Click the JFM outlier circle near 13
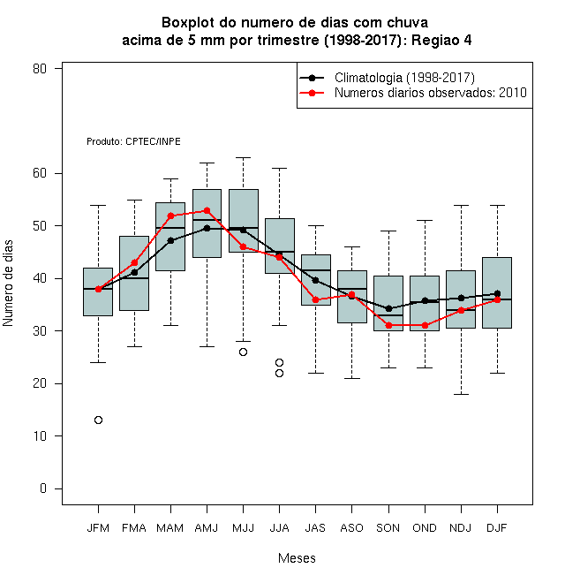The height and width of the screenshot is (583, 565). [98, 420]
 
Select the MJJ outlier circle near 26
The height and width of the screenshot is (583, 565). [243, 352]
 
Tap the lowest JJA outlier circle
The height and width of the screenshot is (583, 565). [280, 374]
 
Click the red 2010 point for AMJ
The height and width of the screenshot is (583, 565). [207, 211]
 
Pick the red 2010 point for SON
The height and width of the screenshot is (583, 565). [388, 325]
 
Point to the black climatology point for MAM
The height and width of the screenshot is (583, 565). [171, 240]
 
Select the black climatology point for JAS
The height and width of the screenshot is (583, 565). [315, 280]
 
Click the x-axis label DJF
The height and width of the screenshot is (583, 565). [497, 528]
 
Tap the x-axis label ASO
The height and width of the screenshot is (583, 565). [351, 528]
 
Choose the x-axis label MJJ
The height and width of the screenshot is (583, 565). [243, 528]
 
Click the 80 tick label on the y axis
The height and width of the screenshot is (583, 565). [40, 69]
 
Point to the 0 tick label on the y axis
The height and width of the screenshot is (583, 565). [43, 488]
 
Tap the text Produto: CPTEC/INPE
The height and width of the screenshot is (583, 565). [134, 141]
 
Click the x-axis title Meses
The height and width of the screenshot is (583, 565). [297, 558]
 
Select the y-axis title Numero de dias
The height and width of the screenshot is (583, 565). [8, 284]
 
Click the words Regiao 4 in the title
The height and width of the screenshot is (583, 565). [441, 40]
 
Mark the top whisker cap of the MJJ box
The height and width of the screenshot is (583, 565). [243, 157]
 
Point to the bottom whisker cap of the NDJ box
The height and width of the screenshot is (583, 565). [462, 394]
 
